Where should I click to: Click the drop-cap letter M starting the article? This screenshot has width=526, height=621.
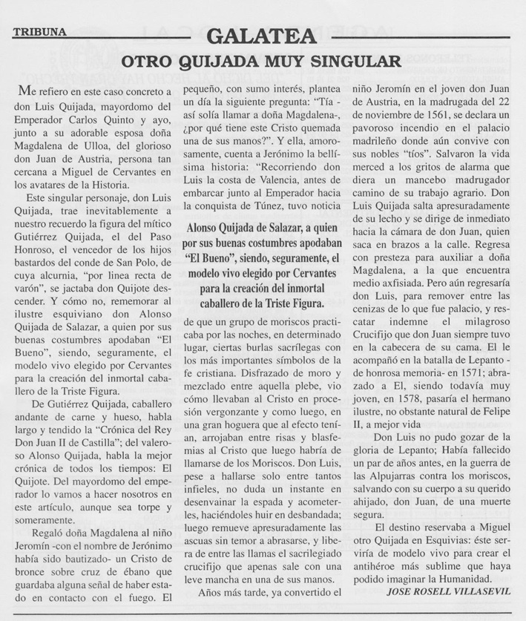coord(26,91)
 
